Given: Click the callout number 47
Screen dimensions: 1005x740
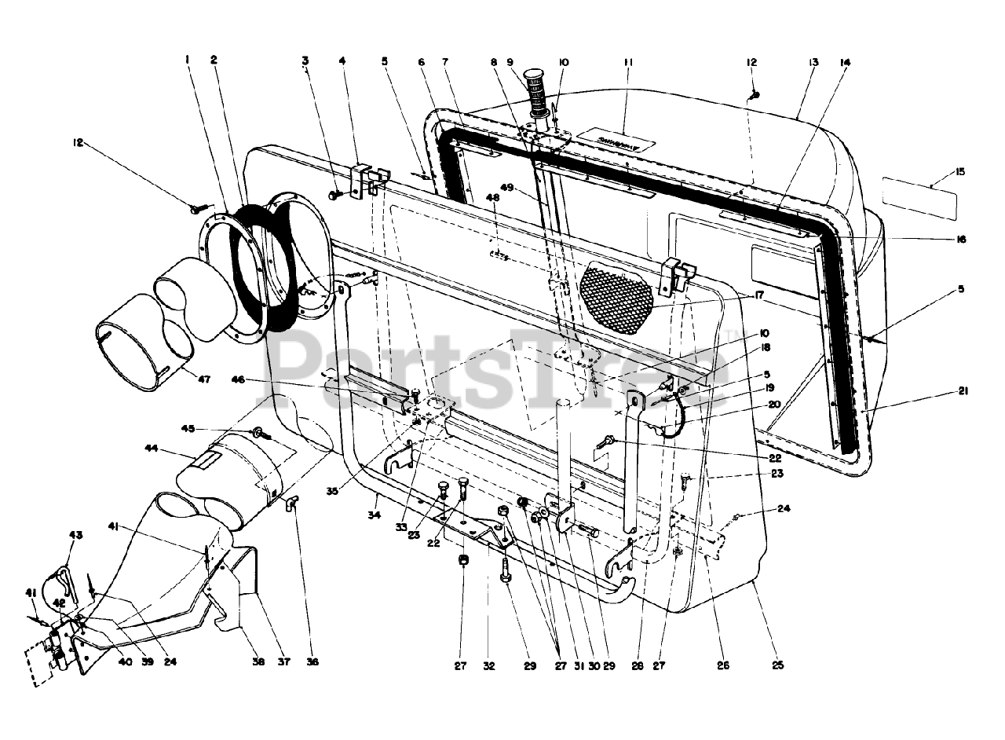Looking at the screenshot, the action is pyautogui.click(x=204, y=379).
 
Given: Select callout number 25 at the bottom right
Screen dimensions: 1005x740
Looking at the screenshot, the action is pyautogui.click(x=777, y=666).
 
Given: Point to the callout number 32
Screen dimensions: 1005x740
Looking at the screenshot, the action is pyautogui.click(x=489, y=666).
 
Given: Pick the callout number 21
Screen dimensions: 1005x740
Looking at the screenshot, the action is pyautogui.click(x=963, y=392).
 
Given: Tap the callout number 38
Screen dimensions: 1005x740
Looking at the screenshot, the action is pyautogui.click(x=258, y=661).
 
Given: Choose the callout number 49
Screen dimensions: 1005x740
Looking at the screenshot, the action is pyautogui.click(x=507, y=187).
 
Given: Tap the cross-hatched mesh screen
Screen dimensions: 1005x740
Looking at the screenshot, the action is pyautogui.click(x=616, y=299).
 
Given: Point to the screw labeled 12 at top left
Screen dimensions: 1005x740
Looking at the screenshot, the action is pyautogui.click(x=196, y=208).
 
